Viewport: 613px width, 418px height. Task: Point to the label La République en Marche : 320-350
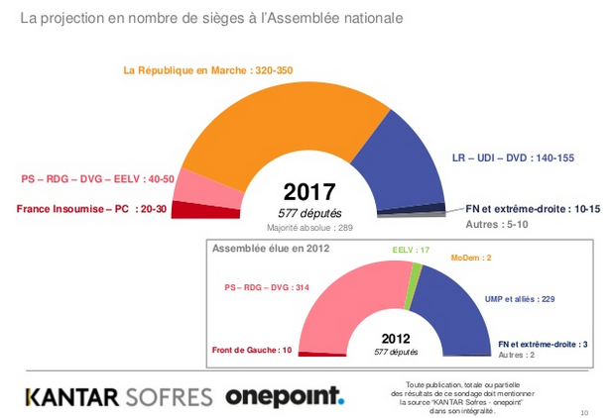pyautogui.click(x=207, y=71)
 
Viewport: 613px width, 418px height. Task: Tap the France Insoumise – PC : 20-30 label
pyautogui.click(x=90, y=209)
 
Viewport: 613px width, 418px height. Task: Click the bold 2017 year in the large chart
pyautogui.click(x=309, y=192)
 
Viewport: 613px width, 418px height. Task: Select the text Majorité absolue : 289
pyautogui.click(x=309, y=227)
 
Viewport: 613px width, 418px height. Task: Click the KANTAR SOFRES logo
pyautogui.click(x=118, y=396)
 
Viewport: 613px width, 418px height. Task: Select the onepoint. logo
pyautogui.click(x=285, y=396)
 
